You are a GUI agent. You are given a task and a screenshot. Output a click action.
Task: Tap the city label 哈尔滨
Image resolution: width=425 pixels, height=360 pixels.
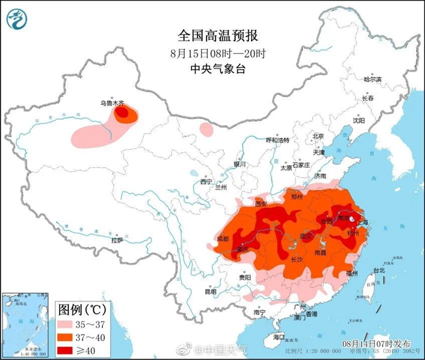(x=373, y=79)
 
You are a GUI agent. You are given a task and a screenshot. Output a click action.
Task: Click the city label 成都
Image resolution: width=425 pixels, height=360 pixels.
(x=222, y=238)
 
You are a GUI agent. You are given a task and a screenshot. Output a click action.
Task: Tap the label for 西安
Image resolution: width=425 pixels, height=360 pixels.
(x=260, y=204)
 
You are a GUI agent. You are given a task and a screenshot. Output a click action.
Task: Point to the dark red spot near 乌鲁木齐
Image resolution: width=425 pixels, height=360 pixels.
(x=122, y=114)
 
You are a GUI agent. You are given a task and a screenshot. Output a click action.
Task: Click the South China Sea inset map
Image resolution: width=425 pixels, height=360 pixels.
(x=27, y=325)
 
